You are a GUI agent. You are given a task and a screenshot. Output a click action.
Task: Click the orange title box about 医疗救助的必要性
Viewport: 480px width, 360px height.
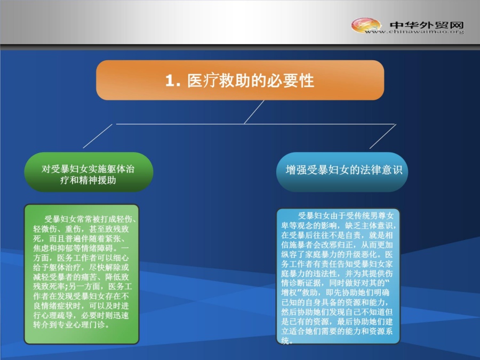(240, 80)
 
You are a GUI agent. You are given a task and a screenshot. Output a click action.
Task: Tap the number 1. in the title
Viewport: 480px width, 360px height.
(173, 81)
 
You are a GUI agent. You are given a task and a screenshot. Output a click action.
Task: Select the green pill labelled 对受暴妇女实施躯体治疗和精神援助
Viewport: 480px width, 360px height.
(89, 172)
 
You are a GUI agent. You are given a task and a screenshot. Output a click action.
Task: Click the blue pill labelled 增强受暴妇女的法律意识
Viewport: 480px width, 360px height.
(342, 172)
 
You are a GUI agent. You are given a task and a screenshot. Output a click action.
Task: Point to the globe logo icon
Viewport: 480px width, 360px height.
(366, 25)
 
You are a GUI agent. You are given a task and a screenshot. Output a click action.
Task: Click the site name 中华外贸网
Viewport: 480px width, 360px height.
(427, 25)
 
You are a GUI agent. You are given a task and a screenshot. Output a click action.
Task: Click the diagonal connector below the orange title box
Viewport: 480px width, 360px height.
(254, 112)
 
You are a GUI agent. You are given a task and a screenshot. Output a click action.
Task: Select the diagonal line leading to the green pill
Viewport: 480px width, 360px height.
(98, 136)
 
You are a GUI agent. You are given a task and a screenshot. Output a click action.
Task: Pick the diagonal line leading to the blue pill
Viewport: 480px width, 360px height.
(383, 136)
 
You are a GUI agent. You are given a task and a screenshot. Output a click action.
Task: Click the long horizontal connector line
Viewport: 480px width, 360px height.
(255, 124)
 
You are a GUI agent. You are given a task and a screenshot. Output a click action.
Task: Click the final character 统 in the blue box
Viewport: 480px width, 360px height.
(285, 341)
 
